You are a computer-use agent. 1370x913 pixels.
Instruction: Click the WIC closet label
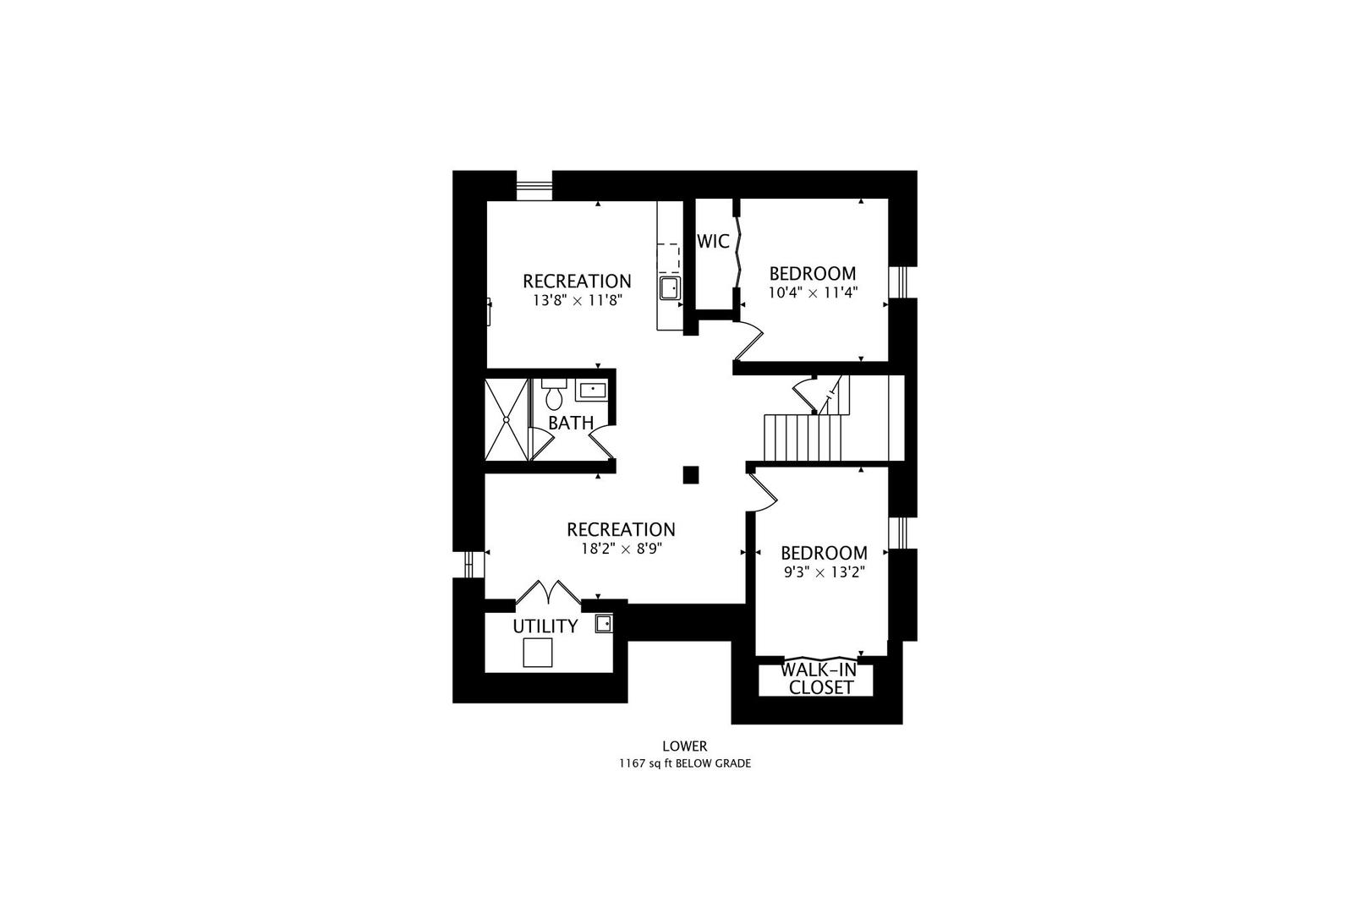coord(713,242)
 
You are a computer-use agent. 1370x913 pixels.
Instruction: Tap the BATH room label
coord(571,423)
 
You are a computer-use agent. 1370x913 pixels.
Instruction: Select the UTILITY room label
coord(545,626)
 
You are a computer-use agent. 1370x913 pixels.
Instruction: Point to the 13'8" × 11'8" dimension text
coord(578,301)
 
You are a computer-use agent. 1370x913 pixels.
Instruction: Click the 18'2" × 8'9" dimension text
coord(622,549)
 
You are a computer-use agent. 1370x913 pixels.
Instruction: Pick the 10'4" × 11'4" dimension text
coord(813,292)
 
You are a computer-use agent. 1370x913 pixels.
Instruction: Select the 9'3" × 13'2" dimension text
coord(824,572)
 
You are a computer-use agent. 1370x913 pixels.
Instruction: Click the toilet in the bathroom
coord(554,395)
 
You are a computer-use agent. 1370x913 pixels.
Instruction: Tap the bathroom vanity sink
coord(592,390)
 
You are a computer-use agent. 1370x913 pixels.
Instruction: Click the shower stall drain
coord(507,419)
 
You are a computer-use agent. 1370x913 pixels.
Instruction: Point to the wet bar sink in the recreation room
coord(671,288)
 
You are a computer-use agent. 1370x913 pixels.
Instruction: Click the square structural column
coord(691,474)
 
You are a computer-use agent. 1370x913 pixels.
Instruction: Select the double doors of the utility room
coord(548,593)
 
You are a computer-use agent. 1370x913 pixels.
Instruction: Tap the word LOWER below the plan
coord(684,746)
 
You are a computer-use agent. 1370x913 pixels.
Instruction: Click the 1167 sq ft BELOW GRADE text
coord(684,763)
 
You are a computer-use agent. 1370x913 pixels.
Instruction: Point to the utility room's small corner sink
coord(604,624)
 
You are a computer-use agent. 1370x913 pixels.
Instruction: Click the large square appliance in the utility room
coord(538,652)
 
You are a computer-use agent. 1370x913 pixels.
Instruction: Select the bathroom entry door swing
coord(602,441)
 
